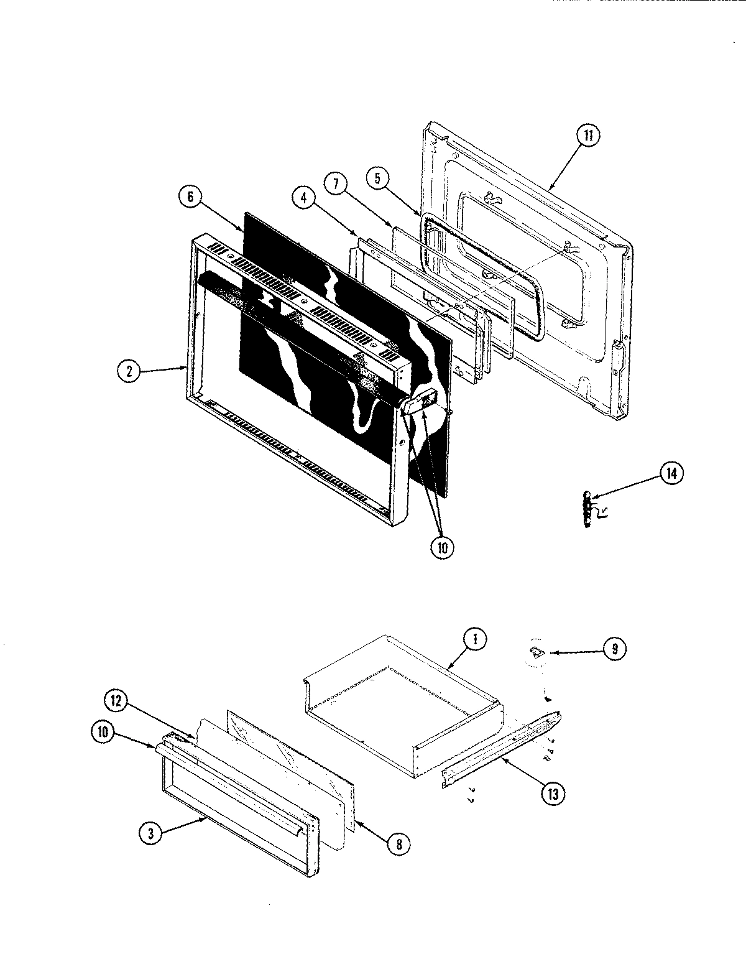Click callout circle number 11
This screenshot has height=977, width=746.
[588, 136]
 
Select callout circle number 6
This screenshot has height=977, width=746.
[190, 196]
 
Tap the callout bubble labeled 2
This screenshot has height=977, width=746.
[129, 371]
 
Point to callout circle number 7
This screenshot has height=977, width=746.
[334, 183]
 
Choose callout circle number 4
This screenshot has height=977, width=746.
[304, 198]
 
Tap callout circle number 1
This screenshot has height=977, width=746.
[475, 640]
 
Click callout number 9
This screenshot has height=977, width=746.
[614, 649]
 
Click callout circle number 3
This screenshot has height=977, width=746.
[150, 835]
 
